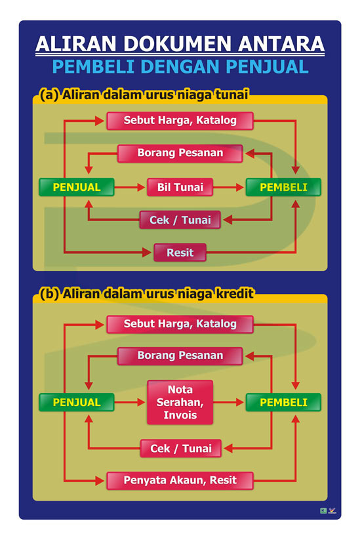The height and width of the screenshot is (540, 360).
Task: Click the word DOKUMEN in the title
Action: pos(177,44)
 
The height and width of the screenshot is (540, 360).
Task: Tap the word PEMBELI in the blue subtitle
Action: pos(93,67)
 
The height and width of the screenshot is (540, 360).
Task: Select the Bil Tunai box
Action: pos(180,187)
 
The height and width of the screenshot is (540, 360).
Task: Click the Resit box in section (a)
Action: pos(180,253)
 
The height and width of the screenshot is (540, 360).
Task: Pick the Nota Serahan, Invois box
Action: pos(180,402)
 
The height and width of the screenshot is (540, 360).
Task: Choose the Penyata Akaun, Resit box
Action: pos(180,480)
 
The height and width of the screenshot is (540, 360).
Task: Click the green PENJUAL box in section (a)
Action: pos(77,187)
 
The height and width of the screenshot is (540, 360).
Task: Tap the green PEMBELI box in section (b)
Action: pos(283,402)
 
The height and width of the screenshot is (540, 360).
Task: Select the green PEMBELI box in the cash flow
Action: pos(283,187)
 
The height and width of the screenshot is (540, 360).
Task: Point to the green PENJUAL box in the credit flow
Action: pos(77,402)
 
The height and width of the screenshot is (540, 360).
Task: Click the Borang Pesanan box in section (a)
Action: pos(180,154)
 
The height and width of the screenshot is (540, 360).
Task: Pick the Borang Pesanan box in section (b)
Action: pos(180,356)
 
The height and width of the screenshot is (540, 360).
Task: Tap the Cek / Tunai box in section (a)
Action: pos(180,220)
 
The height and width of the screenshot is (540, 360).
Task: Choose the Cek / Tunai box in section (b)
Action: pos(181,448)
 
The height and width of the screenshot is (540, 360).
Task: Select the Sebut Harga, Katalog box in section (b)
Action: pos(180,324)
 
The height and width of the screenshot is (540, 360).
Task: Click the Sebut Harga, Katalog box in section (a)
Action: pos(180,121)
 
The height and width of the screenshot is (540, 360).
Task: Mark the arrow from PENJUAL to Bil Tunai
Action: pos(130,188)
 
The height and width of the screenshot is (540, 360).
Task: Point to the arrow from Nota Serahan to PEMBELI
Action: pos(229,402)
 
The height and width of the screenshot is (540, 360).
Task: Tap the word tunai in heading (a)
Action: pos(231,94)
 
